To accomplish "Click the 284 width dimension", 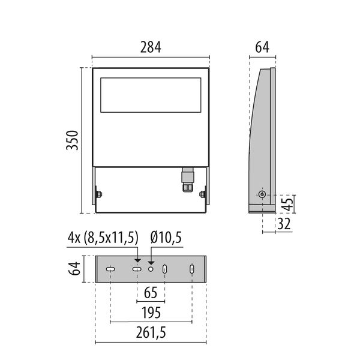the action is pos(151,47).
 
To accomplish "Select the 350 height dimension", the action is pos(73,140).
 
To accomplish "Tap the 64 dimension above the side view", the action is pos(262,47).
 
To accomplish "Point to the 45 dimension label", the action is pos(287,204).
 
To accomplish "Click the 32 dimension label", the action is pos(284,224).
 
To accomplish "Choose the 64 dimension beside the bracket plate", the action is pos(74,268).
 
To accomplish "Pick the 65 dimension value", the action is pos(151,293).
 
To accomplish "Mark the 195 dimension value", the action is pos(151,313).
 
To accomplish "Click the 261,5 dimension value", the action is pos(151,332).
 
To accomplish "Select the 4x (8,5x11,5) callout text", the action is pos(103,238).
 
